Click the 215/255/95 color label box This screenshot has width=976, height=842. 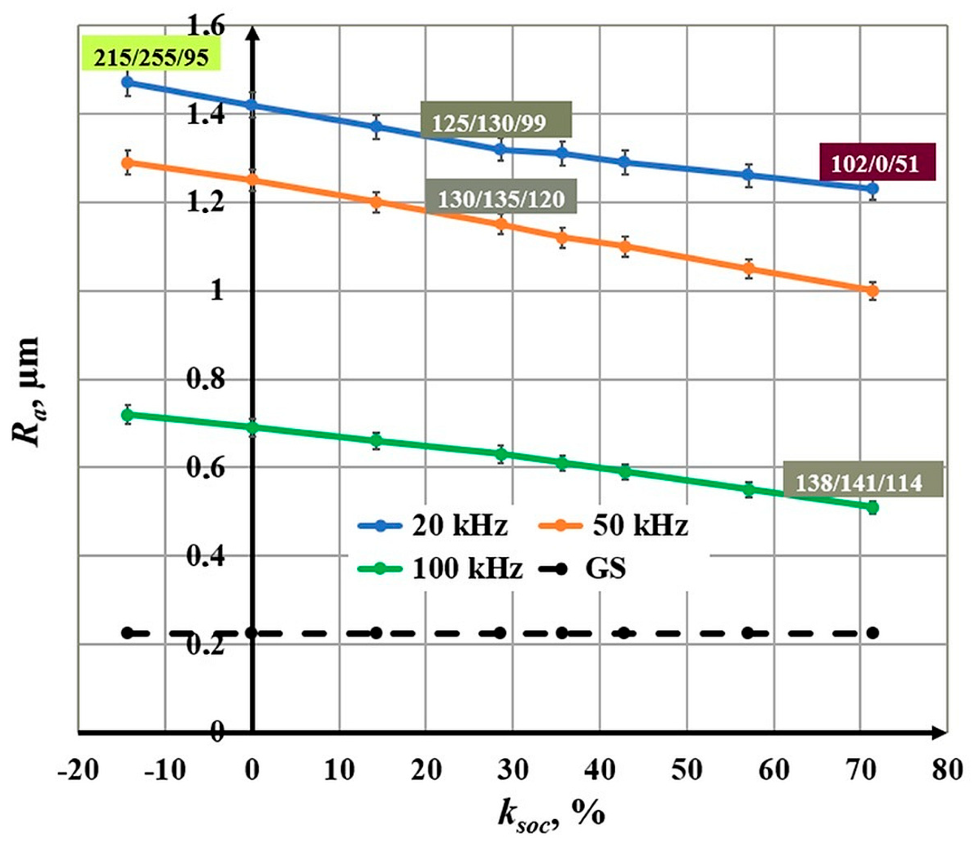point(151,58)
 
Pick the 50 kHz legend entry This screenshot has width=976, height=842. point(613,526)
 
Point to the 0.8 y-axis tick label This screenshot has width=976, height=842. point(205,380)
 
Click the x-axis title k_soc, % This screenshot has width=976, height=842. point(551,813)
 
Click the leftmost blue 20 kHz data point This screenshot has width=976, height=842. point(127,82)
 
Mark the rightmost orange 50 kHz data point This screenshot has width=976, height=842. point(872,291)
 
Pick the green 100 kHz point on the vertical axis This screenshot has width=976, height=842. point(252,427)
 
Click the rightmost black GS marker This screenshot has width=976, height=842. point(872,632)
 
